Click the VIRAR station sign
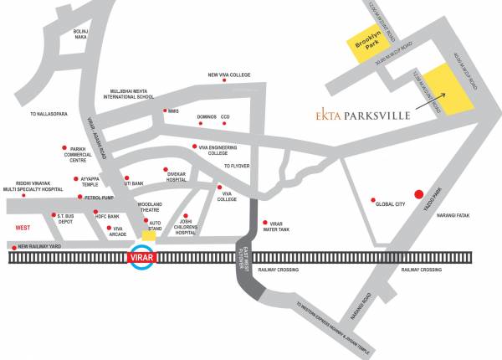pyautogui.click(x=140, y=258)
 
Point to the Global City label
pyautogui.click(x=391, y=203)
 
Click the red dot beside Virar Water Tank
pyautogui.click(x=264, y=223)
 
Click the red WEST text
pyautogui.click(x=23, y=228)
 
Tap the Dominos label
pyautogui.click(x=206, y=116)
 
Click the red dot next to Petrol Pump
pyautogui.click(x=79, y=197)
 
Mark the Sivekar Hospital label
pyautogui.click(x=177, y=177)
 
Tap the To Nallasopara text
pyautogui.click(x=49, y=113)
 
